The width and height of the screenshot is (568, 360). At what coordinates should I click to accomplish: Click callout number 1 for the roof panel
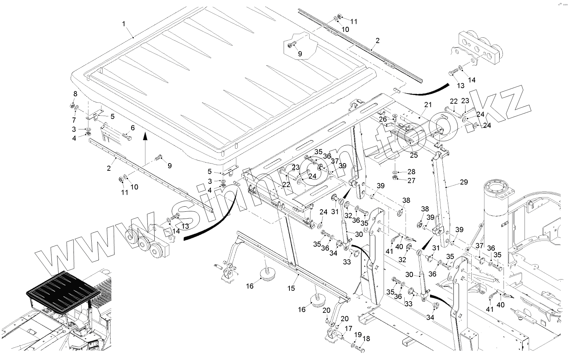click(x=124, y=24)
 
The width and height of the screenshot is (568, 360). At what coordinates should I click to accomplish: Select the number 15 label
click(x=291, y=288)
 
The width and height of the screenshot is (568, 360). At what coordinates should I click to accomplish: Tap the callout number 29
click(x=464, y=182)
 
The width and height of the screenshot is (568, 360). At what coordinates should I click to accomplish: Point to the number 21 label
click(x=428, y=104)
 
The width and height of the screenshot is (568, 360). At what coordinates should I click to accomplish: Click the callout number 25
click(x=414, y=155)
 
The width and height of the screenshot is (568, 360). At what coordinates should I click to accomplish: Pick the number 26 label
click(x=383, y=119)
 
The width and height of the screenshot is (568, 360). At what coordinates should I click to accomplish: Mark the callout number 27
click(x=411, y=181)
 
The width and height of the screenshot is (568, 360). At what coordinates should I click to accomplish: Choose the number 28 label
click(x=411, y=172)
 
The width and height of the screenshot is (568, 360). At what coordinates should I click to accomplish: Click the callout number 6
click(x=133, y=128)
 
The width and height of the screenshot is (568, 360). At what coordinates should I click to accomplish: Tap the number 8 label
click(x=75, y=94)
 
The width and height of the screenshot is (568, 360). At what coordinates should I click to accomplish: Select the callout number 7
click(x=74, y=120)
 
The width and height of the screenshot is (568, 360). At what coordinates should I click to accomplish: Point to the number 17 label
click(x=348, y=328)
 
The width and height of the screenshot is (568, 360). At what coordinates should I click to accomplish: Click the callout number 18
click(x=366, y=339)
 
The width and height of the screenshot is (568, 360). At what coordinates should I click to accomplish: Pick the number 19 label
click(x=358, y=335)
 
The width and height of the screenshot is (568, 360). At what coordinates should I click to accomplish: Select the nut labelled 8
click(x=72, y=105)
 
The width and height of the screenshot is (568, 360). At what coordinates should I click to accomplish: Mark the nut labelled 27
click(x=394, y=177)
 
